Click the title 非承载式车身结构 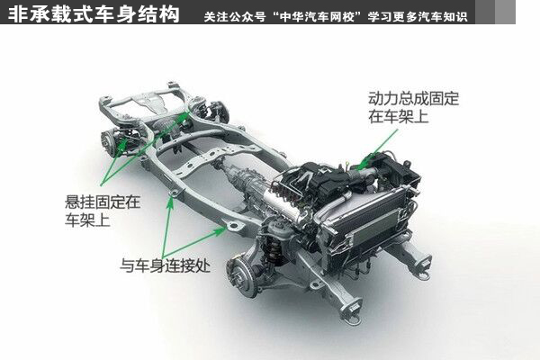(x=94, y=13)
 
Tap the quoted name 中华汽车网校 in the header (x=317, y=16)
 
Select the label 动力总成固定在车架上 (x=414, y=107)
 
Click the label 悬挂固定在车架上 (x=103, y=211)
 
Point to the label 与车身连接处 (x=165, y=265)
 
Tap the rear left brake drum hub (x=110, y=141)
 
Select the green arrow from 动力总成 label (x=378, y=149)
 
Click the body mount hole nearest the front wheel (x=234, y=226)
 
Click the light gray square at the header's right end (x=505, y=12)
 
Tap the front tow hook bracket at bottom (x=351, y=310)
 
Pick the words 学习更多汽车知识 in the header (x=417, y=16)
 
